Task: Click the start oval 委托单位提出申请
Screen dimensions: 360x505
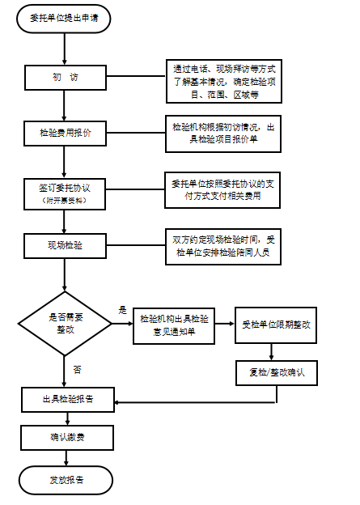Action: click(64, 19)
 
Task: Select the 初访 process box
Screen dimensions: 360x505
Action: click(66, 78)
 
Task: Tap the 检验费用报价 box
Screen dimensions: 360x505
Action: click(65, 134)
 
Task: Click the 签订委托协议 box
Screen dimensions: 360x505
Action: click(65, 194)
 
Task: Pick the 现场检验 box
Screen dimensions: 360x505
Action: click(65, 246)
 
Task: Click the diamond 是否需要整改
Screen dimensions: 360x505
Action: click(65, 324)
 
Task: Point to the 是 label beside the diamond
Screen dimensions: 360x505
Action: click(123, 310)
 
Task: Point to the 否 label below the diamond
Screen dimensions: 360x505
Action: click(78, 369)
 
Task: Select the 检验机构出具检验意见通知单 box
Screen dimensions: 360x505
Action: click(174, 326)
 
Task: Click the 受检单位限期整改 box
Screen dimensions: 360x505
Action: click(276, 325)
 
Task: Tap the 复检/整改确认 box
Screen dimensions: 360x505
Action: click(277, 373)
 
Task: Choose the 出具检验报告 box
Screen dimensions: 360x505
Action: click(68, 400)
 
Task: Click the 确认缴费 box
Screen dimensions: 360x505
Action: click(67, 438)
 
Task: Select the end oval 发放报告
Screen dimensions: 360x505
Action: click(66, 481)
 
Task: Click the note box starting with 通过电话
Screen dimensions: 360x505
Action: click(224, 81)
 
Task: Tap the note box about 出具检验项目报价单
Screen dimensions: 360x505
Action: click(223, 134)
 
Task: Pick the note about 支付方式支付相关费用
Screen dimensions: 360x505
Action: click(222, 190)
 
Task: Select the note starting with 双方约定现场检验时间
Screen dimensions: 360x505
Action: click(223, 247)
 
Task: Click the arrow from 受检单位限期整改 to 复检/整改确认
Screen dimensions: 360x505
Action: click(272, 352)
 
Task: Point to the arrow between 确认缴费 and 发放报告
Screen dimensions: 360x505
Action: click(66, 458)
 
